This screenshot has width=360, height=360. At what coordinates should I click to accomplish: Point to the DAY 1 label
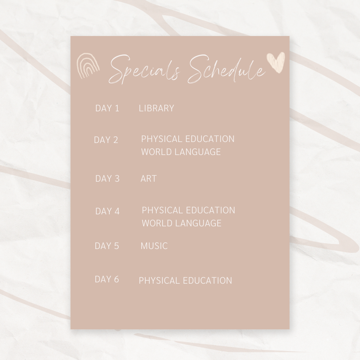[x=107, y=108]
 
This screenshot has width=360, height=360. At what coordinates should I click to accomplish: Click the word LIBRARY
[x=156, y=108]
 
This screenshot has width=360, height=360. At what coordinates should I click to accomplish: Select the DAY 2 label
[x=106, y=140]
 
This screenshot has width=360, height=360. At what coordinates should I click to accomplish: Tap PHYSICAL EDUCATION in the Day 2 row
[x=188, y=139]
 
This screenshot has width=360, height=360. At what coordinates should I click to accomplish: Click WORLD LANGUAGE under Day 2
[x=181, y=152]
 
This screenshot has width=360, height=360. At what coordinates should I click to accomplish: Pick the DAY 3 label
[x=107, y=178]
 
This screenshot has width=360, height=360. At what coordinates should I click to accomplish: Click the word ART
[x=148, y=178]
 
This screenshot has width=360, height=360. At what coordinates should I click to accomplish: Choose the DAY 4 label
[x=107, y=211]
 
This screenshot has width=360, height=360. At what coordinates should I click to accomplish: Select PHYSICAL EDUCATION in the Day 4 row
[x=188, y=210]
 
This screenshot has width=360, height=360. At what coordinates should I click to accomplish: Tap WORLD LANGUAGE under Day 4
[x=181, y=223]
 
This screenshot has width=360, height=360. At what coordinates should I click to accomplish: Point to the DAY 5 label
[x=107, y=246]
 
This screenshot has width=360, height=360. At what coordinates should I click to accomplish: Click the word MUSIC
[x=154, y=246]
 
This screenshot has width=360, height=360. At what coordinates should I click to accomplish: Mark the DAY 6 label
[x=107, y=279]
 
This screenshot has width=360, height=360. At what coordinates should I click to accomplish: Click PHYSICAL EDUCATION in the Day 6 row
[x=185, y=280]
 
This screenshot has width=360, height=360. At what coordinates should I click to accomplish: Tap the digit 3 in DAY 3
[x=117, y=178]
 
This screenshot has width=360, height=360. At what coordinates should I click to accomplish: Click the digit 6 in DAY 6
[x=116, y=279]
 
